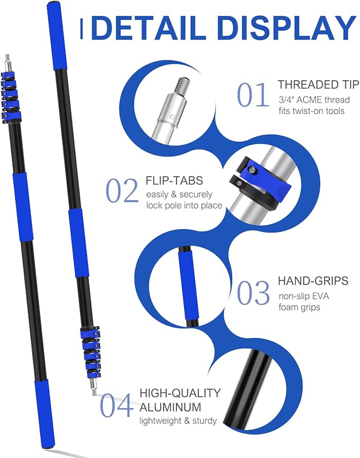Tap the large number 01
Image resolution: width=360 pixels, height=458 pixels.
pyautogui.click(x=253, y=94)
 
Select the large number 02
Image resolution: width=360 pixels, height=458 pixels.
pyautogui.click(x=121, y=191)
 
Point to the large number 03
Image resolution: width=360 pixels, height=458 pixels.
pyautogui.click(x=253, y=293)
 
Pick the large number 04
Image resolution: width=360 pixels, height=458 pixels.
pyautogui.click(x=116, y=405)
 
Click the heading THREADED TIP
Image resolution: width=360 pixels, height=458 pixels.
pyautogui.click(x=318, y=84)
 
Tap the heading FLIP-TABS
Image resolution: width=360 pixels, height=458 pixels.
pyautogui.click(x=174, y=180)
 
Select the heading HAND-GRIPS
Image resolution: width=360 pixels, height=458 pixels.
pyautogui.click(x=313, y=281)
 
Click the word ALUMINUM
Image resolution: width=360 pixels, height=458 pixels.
pyautogui.click(x=170, y=407)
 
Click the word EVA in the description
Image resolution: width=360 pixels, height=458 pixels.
pyautogui.click(x=320, y=296)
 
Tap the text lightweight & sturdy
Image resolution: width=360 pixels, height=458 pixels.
pyautogui.click(x=178, y=421)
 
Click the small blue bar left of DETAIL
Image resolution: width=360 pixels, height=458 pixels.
pyautogui.click(x=82, y=29)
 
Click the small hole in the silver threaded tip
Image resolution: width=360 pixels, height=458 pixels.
pyautogui.click(x=172, y=117)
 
